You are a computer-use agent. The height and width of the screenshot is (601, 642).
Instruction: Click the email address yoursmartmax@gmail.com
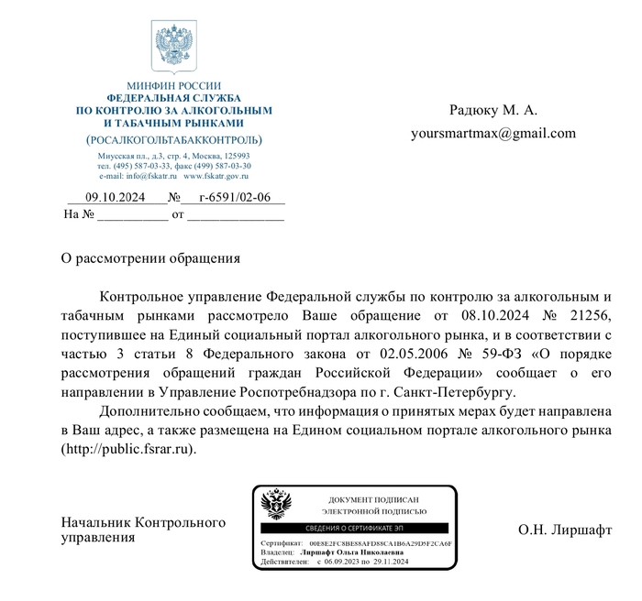[x=493, y=133]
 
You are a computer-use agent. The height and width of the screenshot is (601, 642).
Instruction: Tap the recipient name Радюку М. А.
[x=493, y=111]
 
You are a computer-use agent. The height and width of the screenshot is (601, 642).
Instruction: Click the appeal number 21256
[x=589, y=315]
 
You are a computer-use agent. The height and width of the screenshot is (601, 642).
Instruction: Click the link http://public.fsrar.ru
[x=128, y=450]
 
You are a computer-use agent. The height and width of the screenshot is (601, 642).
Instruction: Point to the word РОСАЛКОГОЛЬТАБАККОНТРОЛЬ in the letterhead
[x=173, y=140]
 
